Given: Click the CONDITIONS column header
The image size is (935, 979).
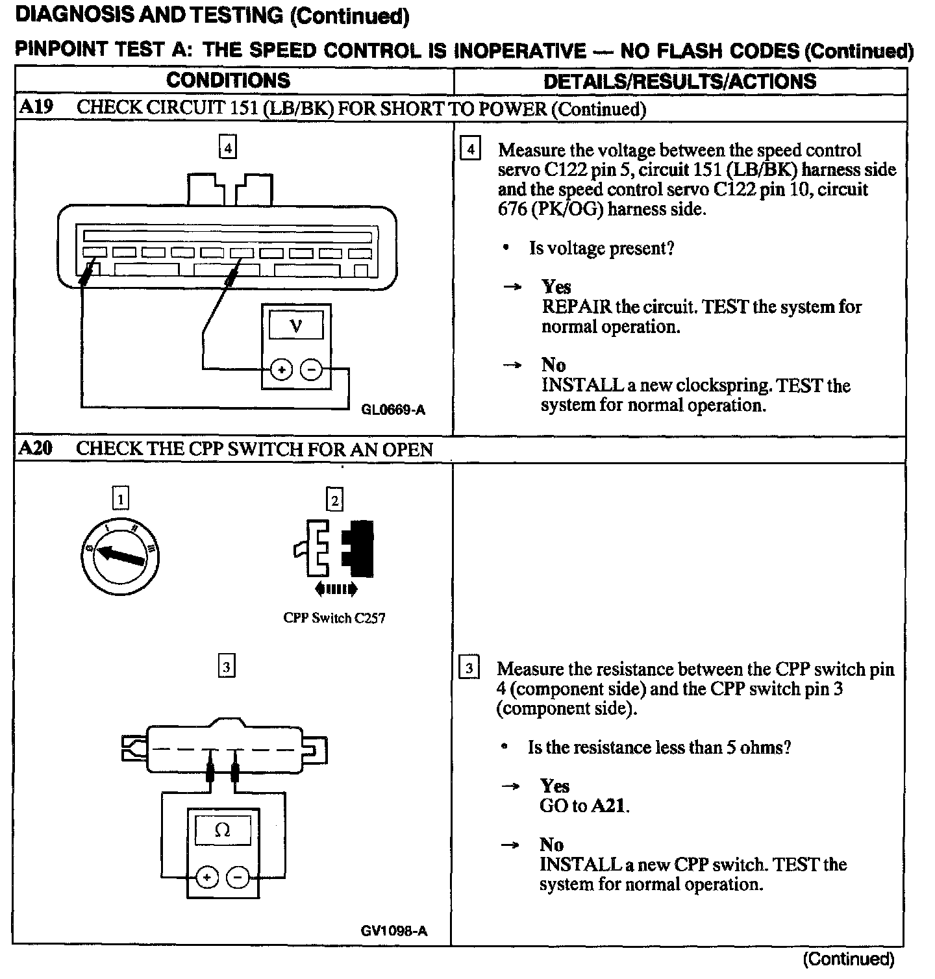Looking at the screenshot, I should click(x=228, y=81).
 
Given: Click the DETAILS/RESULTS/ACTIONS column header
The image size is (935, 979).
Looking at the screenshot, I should click(x=680, y=81).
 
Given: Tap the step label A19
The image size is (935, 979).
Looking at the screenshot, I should click(x=36, y=107).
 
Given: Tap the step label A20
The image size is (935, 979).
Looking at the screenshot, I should click(x=36, y=448).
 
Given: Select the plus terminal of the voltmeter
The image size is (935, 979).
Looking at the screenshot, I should click(x=281, y=370).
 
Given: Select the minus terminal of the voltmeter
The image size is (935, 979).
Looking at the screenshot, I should click(x=311, y=370).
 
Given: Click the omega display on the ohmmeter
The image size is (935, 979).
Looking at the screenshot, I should click(x=222, y=830).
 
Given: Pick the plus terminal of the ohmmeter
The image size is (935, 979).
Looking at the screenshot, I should click(x=207, y=878).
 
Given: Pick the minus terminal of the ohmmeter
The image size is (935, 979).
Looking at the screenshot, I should click(x=238, y=878).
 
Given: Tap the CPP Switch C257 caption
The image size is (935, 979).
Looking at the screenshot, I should click(x=334, y=618).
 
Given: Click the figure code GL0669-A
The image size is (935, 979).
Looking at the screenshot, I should click(x=393, y=410).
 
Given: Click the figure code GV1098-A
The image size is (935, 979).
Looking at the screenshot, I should click(x=394, y=931).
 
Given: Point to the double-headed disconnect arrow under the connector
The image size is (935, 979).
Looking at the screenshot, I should click(x=335, y=589).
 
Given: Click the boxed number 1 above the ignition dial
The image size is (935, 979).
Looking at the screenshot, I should click(x=121, y=499).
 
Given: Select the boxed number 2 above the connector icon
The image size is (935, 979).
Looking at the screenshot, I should click(x=335, y=499).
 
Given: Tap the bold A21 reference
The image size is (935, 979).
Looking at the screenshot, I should click(x=610, y=806).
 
